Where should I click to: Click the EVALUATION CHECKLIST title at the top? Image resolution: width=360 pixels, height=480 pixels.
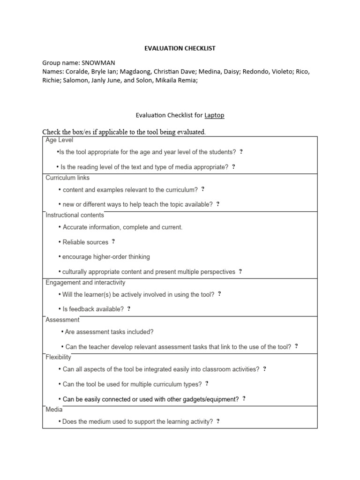[x=180, y=48]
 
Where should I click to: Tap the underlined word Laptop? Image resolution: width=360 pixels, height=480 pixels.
[x=214, y=115]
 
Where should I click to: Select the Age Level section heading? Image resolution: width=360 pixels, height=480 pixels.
[x=59, y=140]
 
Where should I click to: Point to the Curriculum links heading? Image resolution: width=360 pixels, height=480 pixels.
[x=67, y=178]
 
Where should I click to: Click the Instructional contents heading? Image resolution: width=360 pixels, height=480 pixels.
[x=75, y=215]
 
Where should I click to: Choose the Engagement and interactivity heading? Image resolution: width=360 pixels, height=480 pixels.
[x=85, y=283]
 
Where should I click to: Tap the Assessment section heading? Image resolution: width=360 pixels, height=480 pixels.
[x=62, y=320]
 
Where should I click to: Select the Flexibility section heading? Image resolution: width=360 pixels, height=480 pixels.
[x=59, y=357]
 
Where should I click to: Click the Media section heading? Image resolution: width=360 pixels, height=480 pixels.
[x=54, y=409]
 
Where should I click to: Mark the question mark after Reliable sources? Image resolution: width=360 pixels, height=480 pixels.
[x=113, y=242]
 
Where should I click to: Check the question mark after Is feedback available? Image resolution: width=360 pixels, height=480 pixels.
[x=129, y=309]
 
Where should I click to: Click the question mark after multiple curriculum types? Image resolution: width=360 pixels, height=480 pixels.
[x=207, y=384]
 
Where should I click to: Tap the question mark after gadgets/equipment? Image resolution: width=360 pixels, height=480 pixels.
[x=244, y=399]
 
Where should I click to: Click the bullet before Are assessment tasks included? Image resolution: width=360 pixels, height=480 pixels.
[x=62, y=332]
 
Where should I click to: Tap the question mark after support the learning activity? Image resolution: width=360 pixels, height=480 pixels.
[x=218, y=421]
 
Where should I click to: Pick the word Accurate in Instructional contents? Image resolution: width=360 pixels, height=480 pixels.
[x=76, y=227]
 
